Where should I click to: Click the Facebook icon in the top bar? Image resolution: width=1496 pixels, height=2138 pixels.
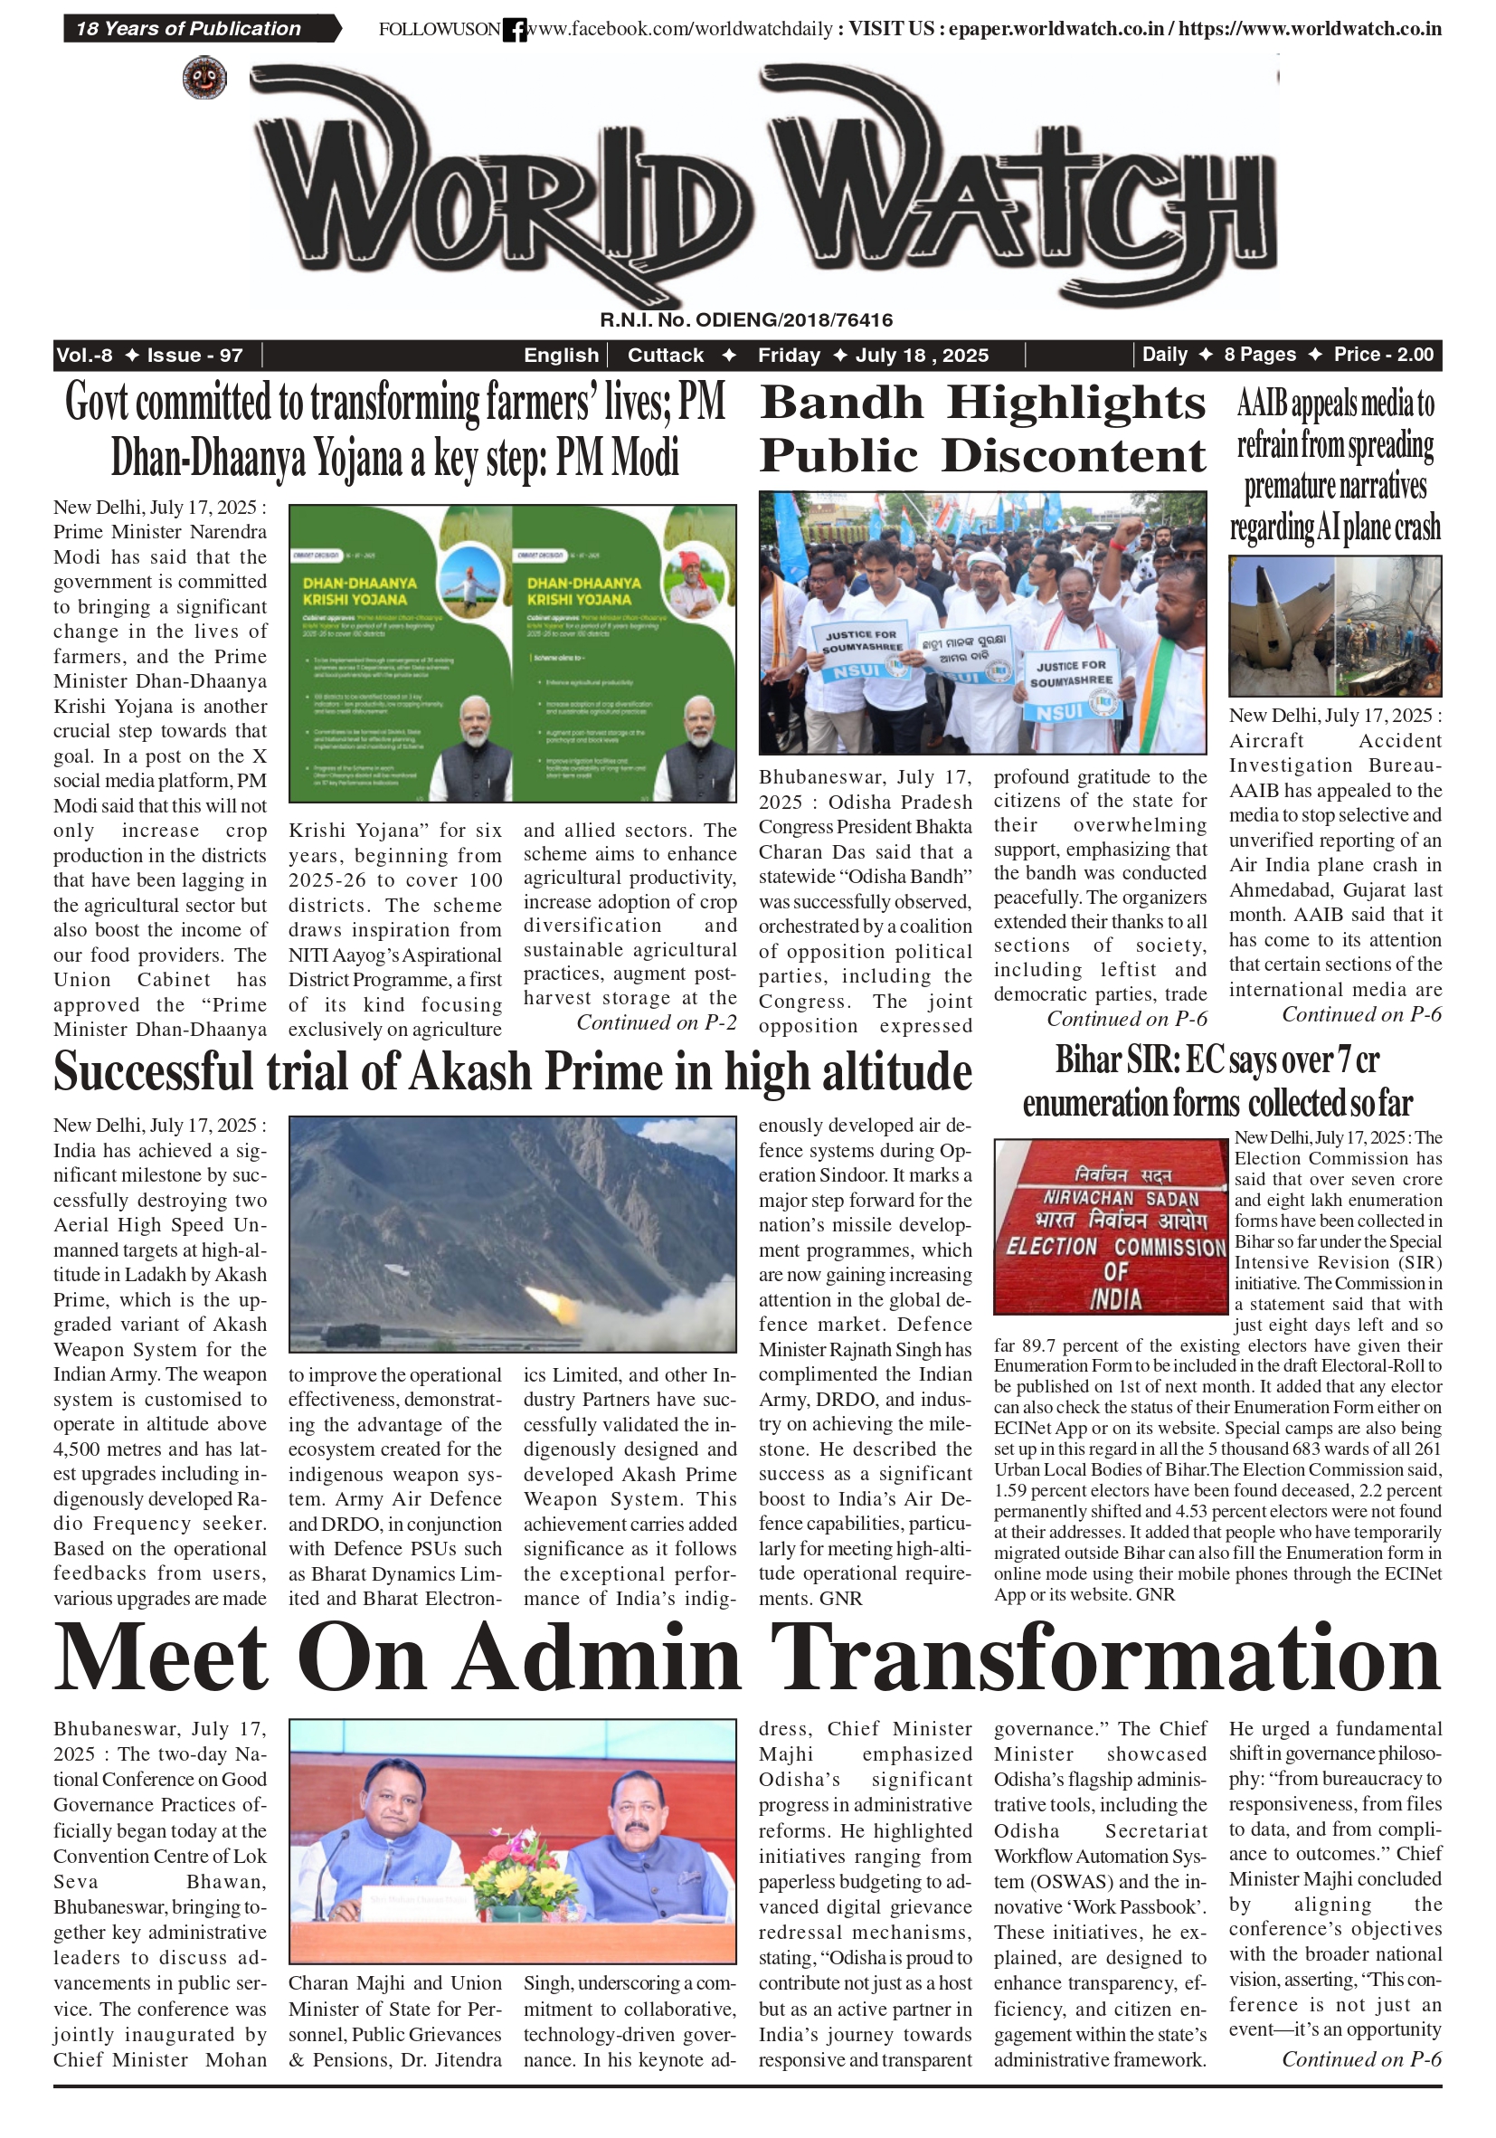(514, 30)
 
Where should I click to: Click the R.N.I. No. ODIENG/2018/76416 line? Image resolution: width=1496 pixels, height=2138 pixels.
(745, 320)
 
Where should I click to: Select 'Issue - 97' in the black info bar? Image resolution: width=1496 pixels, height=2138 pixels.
(194, 355)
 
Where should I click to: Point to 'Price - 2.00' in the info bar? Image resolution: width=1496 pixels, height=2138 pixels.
(1383, 354)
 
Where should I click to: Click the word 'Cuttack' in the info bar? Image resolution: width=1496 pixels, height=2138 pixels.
(666, 355)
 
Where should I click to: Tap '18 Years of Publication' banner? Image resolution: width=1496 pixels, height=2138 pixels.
(189, 29)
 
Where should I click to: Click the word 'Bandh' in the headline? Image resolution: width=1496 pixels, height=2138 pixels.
(841, 404)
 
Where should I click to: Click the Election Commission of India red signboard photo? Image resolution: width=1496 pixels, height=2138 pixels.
(1111, 1225)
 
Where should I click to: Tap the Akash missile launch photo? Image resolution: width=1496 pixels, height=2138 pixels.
(512, 1234)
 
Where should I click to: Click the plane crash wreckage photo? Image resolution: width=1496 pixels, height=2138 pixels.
(1334, 626)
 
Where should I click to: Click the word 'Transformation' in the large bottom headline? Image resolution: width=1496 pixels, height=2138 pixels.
(1105, 1658)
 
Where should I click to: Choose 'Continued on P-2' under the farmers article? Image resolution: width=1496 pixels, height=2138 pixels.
(657, 1022)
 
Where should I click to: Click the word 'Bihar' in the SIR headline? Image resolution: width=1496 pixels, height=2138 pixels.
(1087, 1059)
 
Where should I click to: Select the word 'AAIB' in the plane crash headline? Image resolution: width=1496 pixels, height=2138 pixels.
(1263, 405)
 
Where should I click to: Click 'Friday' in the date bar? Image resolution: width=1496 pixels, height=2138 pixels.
(789, 355)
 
